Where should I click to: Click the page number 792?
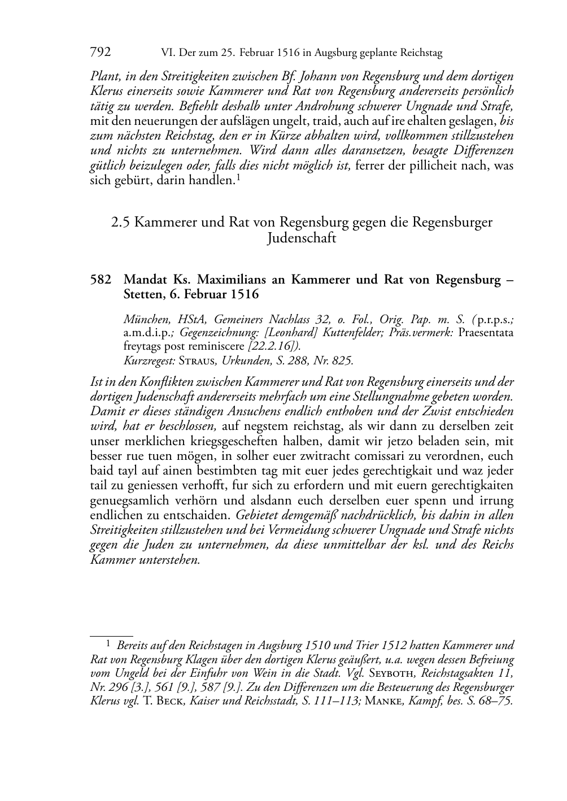click(x=101, y=53)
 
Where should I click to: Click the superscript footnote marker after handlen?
click(x=238, y=178)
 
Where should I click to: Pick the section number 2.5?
click(x=121, y=222)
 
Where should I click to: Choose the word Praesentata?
click(x=486, y=332)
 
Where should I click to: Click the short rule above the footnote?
click(x=111, y=635)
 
